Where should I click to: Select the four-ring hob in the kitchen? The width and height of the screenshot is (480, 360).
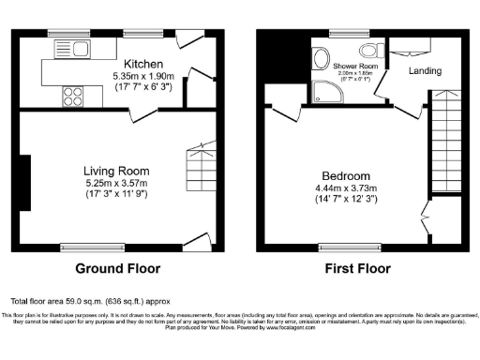(71, 94)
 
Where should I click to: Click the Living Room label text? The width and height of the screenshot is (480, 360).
(117, 170)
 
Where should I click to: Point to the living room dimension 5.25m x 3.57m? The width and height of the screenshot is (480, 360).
(117, 183)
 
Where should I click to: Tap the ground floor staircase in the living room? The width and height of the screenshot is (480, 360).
(199, 169)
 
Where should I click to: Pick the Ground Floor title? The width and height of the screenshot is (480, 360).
(117, 268)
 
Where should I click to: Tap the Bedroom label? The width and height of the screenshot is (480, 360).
(345, 175)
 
